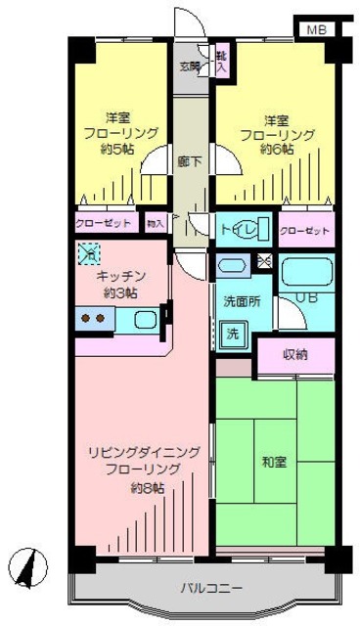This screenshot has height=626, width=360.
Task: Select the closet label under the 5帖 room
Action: coord(103,224)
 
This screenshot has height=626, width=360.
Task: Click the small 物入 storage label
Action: coord(155,224)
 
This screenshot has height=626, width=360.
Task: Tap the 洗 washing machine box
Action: coord(233,334)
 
